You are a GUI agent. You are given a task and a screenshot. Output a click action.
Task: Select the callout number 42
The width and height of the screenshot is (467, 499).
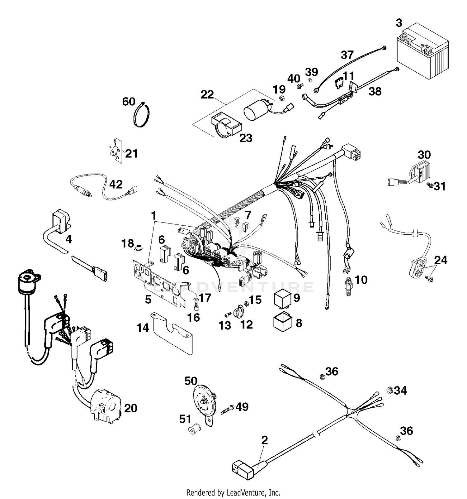pos(116,184)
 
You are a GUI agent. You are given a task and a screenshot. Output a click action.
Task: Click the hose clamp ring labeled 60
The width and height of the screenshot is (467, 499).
pos(142,115)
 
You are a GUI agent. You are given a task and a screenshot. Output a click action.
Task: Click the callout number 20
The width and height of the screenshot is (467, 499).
pos(131,408)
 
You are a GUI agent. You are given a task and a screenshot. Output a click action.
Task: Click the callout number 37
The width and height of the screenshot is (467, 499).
pos(347,55)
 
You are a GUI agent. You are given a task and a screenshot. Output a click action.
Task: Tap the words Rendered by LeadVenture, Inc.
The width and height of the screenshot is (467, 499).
pos(233,493)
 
